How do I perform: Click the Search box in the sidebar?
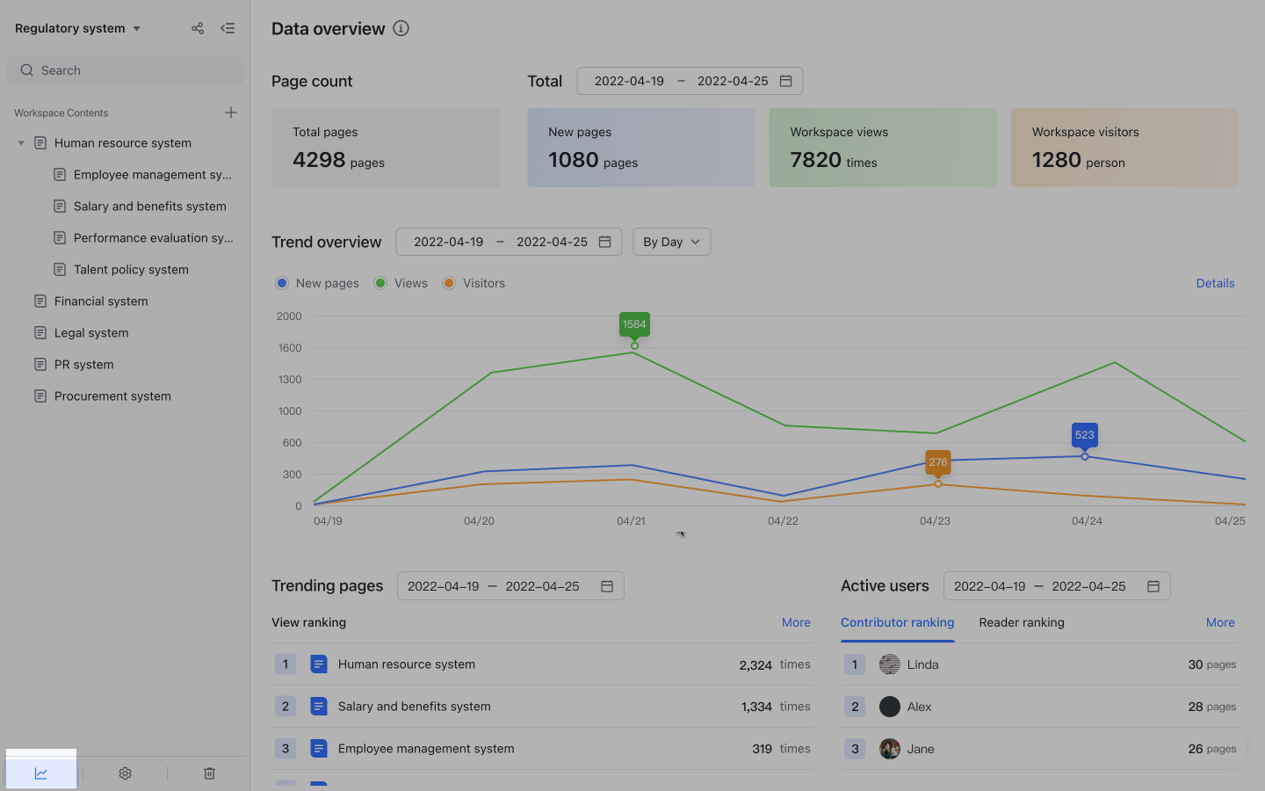tap(125, 70)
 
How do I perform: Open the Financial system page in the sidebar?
tap(100, 301)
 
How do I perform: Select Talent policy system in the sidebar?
tap(130, 270)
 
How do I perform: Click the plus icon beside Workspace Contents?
tap(231, 112)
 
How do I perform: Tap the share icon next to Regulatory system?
tap(198, 28)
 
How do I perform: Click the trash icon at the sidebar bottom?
tap(209, 773)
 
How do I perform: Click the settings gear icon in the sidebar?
tap(125, 773)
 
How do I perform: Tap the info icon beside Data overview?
tap(401, 28)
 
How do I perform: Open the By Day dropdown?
tap(671, 242)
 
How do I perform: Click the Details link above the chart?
tap(1215, 283)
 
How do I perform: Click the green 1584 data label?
tap(634, 324)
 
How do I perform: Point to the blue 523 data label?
tap(1084, 435)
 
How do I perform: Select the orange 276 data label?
tap(937, 462)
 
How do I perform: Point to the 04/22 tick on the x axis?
tap(783, 521)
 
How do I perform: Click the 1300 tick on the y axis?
tap(290, 380)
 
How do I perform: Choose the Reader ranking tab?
tap(1021, 622)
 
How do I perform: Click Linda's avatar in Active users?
tap(889, 664)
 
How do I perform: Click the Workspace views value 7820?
tap(815, 160)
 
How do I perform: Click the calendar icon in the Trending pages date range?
tap(606, 586)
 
